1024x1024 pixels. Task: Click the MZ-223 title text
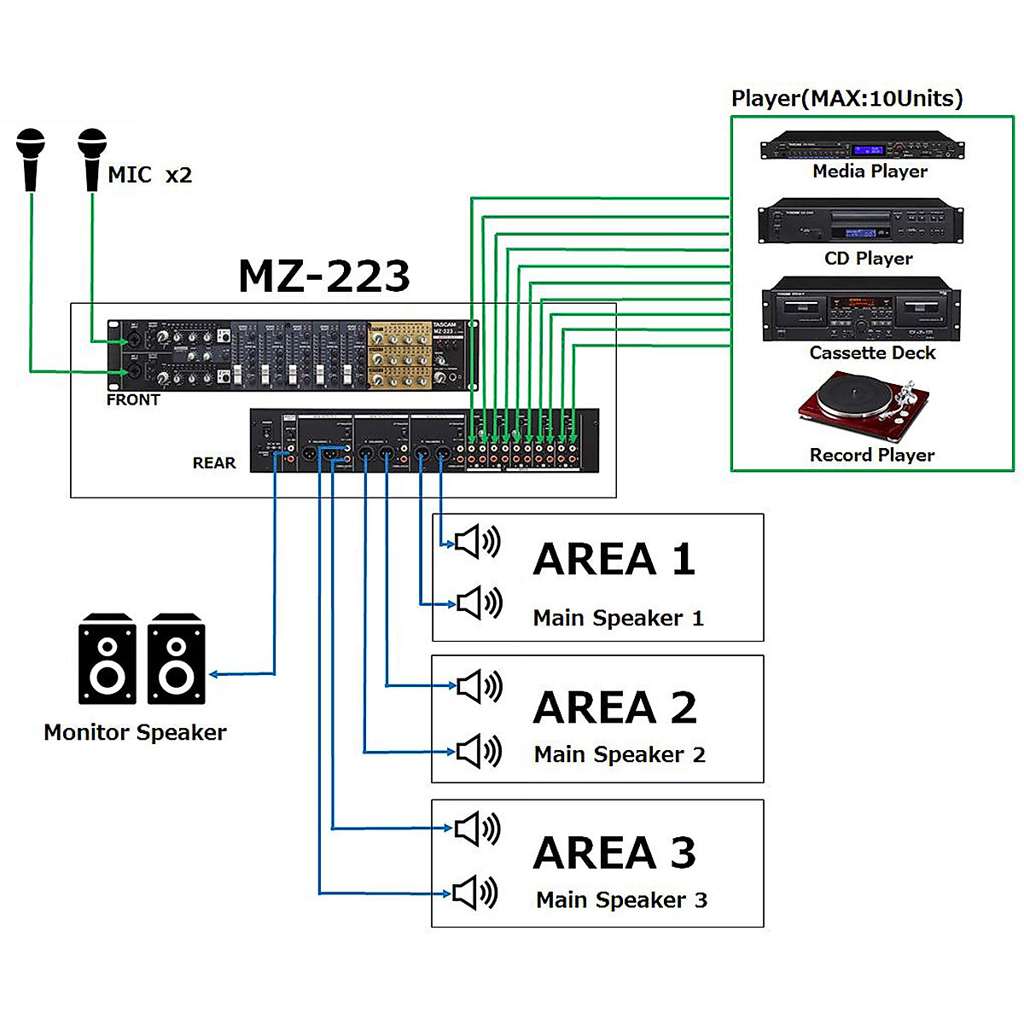(324, 276)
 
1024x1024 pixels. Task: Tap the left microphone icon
(32, 158)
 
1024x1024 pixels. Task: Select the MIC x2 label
(149, 175)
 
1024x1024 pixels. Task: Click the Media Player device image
(862, 147)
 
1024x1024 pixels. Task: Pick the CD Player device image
(860, 223)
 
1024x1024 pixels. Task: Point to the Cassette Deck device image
(861, 310)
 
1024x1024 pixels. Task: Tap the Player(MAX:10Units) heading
(847, 98)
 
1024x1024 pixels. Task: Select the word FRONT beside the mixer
(133, 399)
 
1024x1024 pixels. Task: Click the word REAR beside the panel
(213, 463)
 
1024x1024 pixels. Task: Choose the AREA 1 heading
(614, 560)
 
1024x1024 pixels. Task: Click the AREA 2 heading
(614, 707)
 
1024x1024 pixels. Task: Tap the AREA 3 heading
(614, 852)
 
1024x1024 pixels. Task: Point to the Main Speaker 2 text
(620, 754)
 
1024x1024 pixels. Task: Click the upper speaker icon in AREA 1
(476, 542)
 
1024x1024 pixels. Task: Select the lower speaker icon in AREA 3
(474, 893)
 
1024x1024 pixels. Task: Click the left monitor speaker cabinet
(108, 659)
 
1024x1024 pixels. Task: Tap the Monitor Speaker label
(135, 732)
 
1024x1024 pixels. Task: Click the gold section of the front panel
(399, 356)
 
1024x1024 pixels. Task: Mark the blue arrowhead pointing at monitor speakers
(214, 674)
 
